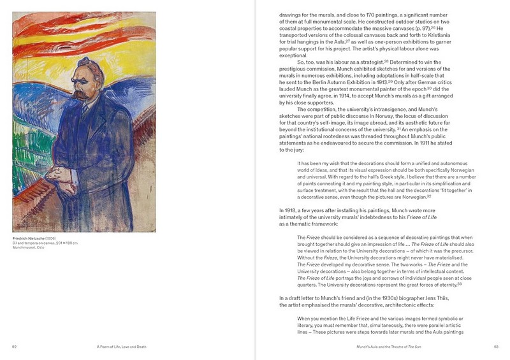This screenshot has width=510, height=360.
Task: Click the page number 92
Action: pyautogui.click(x=14, y=347)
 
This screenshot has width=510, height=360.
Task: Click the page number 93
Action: pyautogui.click(x=495, y=347)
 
